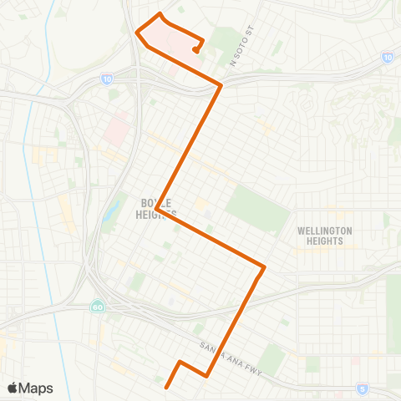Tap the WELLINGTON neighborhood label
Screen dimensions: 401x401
[325, 231]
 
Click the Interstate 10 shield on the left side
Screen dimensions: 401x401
[106, 78]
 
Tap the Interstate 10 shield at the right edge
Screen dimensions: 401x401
[388, 57]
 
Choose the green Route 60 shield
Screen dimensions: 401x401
[98, 306]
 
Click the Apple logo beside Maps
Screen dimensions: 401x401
[13, 388]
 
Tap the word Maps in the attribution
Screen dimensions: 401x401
[36, 388]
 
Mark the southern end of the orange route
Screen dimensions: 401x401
[167, 387]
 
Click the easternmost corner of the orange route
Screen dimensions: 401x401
[264, 267]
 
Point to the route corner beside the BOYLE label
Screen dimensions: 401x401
[158, 209]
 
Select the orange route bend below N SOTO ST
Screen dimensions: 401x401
[221, 85]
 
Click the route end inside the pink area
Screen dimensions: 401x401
[195, 50]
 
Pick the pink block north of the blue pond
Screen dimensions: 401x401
[118, 130]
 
